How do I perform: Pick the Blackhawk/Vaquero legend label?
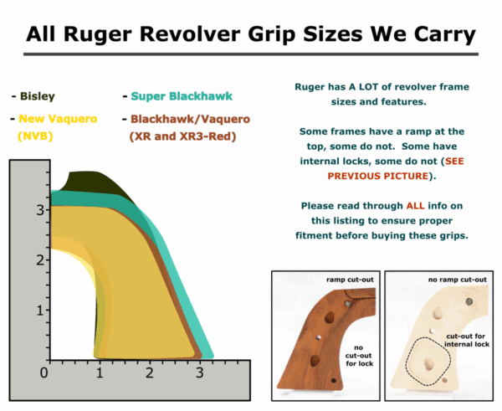182,119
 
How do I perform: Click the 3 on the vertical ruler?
39,210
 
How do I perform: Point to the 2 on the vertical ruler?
39,260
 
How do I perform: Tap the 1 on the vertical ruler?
39,311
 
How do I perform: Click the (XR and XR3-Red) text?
182,136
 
